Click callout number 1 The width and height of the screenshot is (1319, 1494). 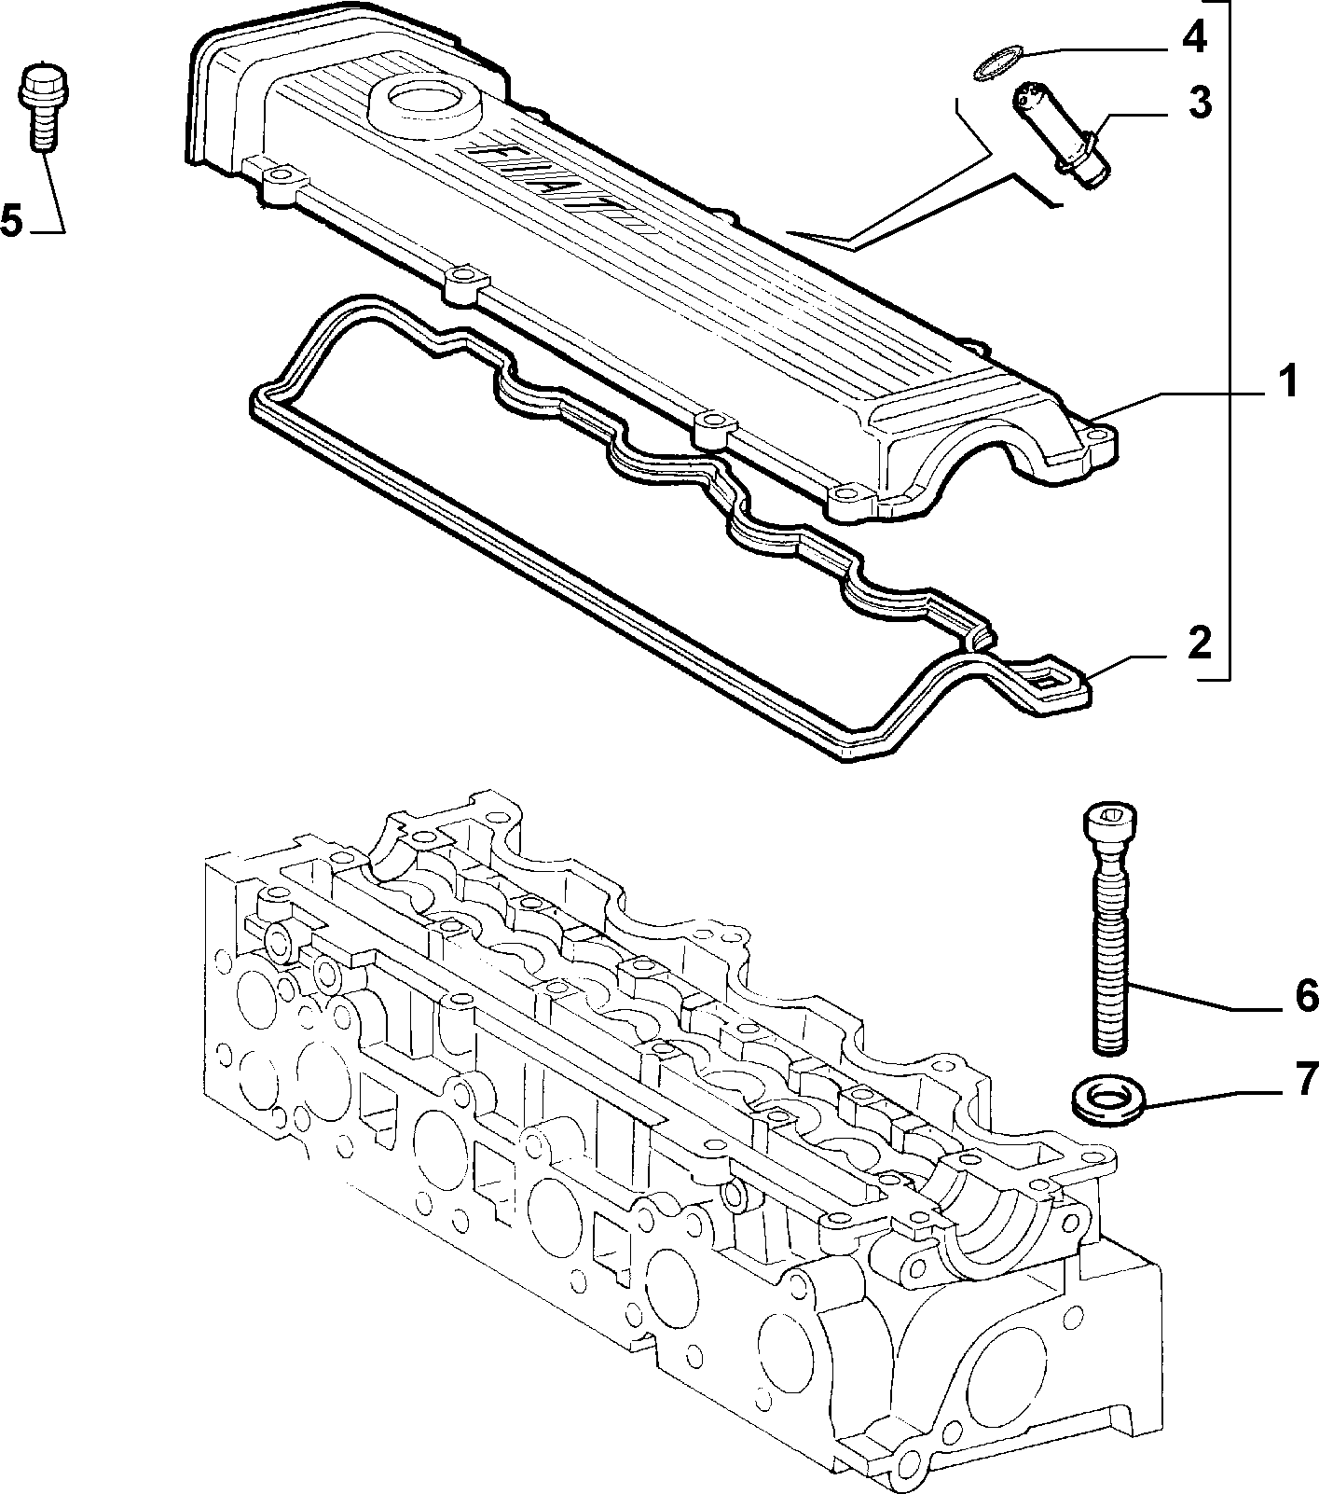1288,382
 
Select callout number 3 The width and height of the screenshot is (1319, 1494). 1200,103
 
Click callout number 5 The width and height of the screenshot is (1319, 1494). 11,220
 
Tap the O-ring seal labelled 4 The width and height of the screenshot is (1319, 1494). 995,64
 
